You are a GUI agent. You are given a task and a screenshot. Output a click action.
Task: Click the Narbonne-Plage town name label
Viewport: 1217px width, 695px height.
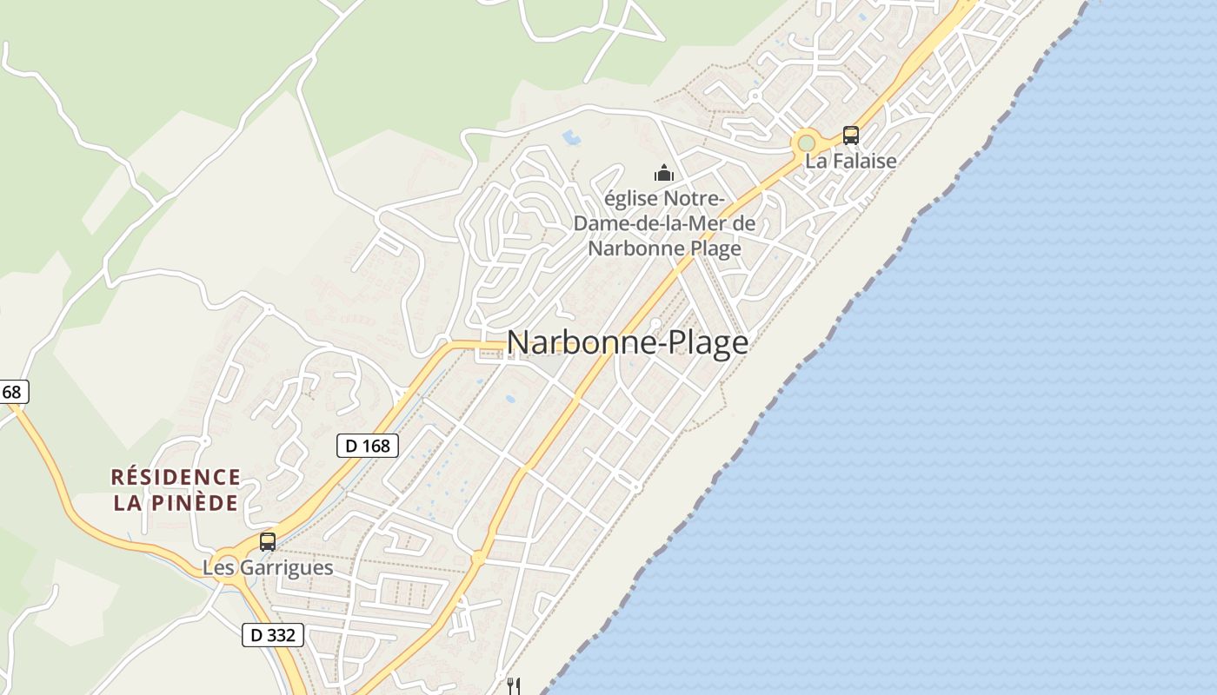pyautogui.click(x=627, y=342)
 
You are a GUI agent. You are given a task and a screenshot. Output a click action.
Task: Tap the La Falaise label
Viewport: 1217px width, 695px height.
pyautogui.click(x=850, y=161)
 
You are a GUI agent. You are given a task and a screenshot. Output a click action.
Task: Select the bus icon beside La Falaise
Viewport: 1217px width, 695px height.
pyautogui.click(x=850, y=136)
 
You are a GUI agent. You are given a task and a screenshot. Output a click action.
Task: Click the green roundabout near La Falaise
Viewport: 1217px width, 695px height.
pyautogui.click(x=807, y=142)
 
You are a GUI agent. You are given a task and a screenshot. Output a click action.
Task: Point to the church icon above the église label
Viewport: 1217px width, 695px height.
pyautogui.click(x=664, y=173)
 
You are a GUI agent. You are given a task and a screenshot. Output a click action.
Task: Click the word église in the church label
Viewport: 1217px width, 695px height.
pyautogui.click(x=631, y=199)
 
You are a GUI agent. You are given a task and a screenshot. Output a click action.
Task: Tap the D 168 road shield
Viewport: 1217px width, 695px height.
pyautogui.click(x=367, y=446)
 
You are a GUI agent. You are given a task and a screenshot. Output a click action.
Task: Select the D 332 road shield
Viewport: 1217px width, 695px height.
pyautogui.click(x=272, y=635)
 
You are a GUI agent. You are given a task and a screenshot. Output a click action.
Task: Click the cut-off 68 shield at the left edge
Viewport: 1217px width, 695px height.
pyautogui.click(x=12, y=393)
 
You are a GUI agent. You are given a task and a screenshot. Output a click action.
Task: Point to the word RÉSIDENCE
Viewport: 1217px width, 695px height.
pyautogui.click(x=176, y=477)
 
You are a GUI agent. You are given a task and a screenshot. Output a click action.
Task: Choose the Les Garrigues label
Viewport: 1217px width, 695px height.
pyautogui.click(x=268, y=568)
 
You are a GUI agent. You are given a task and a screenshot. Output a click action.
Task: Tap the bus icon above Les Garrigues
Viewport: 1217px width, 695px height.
pyautogui.click(x=268, y=542)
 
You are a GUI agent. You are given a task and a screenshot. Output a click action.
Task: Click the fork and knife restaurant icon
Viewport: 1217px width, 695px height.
pyautogui.click(x=514, y=685)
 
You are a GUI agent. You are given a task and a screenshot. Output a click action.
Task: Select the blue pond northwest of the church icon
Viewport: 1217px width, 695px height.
pyautogui.click(x=571, y=137)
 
